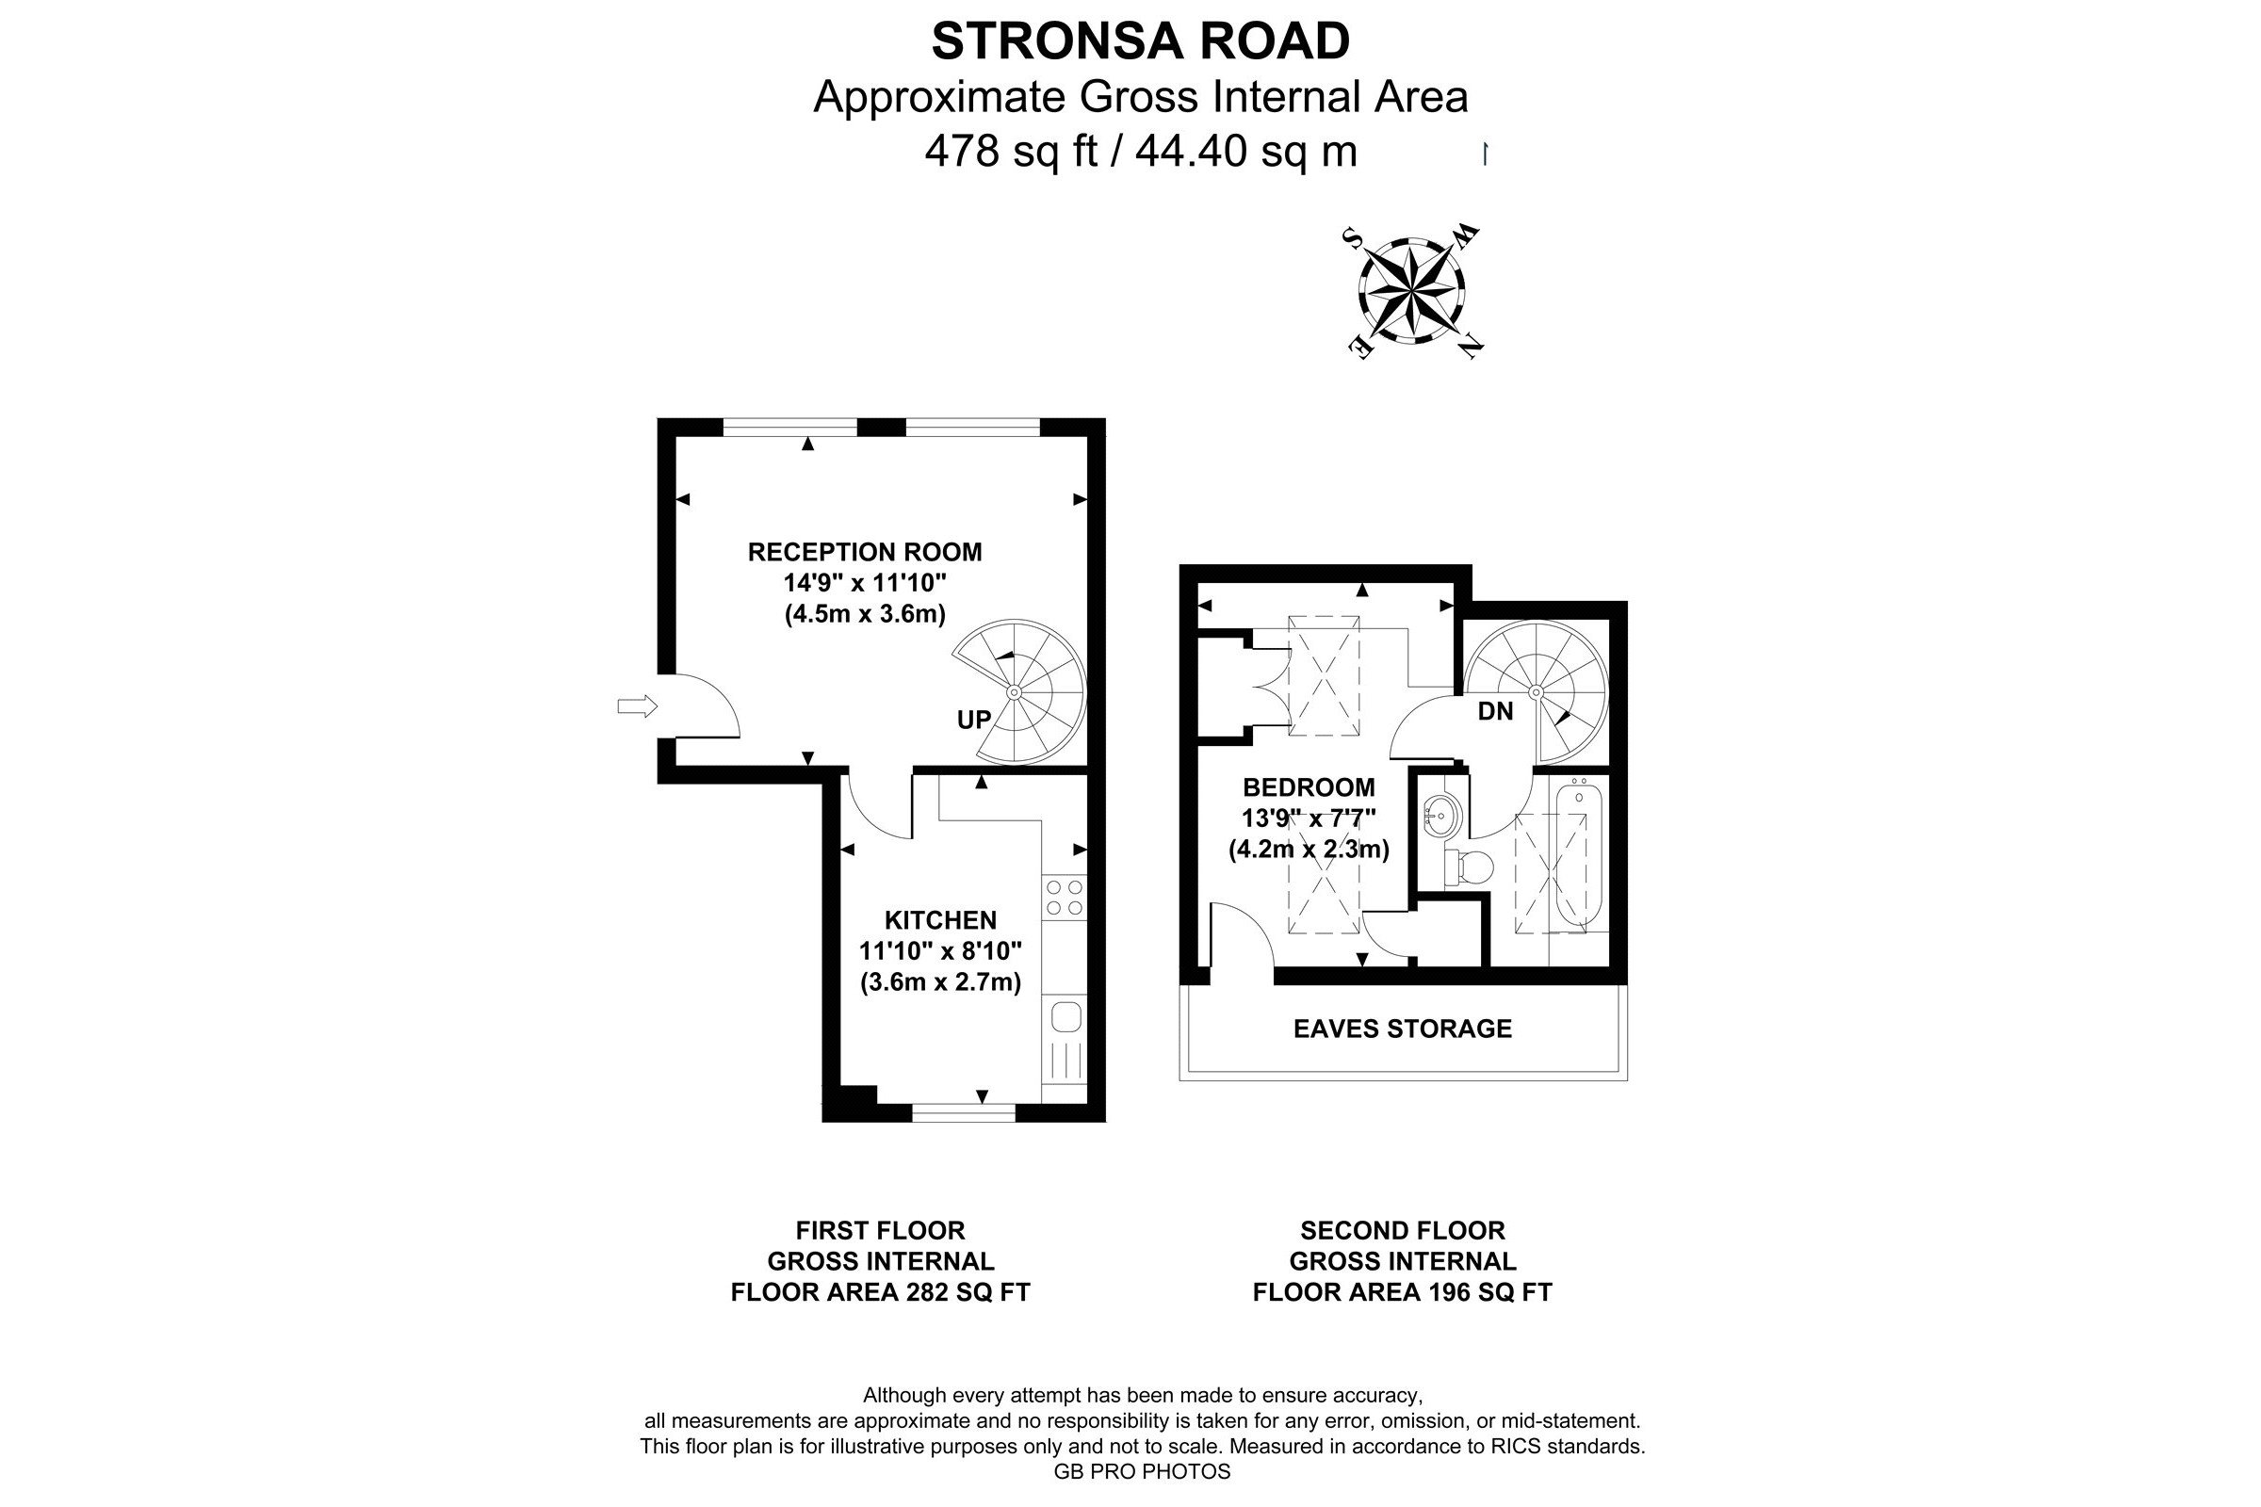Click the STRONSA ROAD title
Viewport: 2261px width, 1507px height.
[x=1140, y=41]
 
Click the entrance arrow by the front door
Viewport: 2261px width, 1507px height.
[x=637, y=707]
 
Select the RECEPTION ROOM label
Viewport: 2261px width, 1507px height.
[x=865, y=552]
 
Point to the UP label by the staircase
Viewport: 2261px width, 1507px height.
[x=974, y=719]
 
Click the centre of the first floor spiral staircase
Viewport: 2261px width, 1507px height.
[x=1015, y=692]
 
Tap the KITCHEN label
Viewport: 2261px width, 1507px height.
[x=940, y=921]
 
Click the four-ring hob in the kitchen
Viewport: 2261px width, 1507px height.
[x=1065, y=898]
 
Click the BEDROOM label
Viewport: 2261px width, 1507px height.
[x=1309, y=788]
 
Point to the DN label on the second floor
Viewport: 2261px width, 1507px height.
[x=1495, y=712]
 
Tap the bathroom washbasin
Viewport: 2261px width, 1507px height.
[x=1440, y=815]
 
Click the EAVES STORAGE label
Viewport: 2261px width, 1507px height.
[x=1403, y=1029]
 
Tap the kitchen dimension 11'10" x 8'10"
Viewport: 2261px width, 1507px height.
[x=940, y=951]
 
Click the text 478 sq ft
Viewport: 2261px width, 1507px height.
[x=1010, y=151]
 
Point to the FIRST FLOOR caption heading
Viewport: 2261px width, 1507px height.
[x=880, y=1230]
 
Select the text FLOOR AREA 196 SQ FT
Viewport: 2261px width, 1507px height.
[x=1403, y=1292]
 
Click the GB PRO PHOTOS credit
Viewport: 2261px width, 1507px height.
[x=1142, y=1471]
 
